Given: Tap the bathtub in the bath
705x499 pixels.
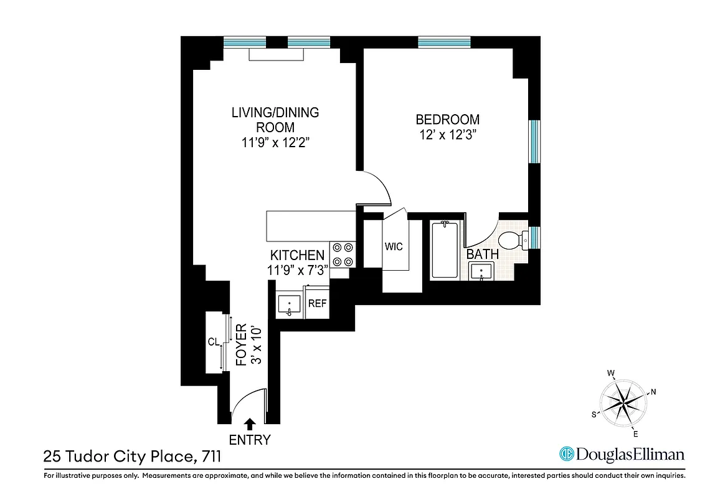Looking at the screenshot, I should coord(445,249).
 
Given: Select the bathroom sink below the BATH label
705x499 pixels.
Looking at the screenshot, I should coord(481,272).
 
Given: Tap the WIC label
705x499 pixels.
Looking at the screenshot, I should coord(394,246).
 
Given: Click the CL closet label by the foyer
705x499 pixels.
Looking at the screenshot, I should coord(214,342).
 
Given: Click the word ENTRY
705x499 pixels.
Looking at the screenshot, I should coord(250,440).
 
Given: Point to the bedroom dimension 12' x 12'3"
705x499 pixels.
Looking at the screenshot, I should coord(448,134).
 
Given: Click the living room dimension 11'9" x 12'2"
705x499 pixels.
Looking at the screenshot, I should coord(275,142).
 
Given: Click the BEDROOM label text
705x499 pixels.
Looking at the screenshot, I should coord(448,119).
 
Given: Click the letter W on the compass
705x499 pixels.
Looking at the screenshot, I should coord(612,374).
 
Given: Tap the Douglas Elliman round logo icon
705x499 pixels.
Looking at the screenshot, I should coord(566,454).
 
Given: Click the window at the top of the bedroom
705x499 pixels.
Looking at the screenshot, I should coord(444,42).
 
